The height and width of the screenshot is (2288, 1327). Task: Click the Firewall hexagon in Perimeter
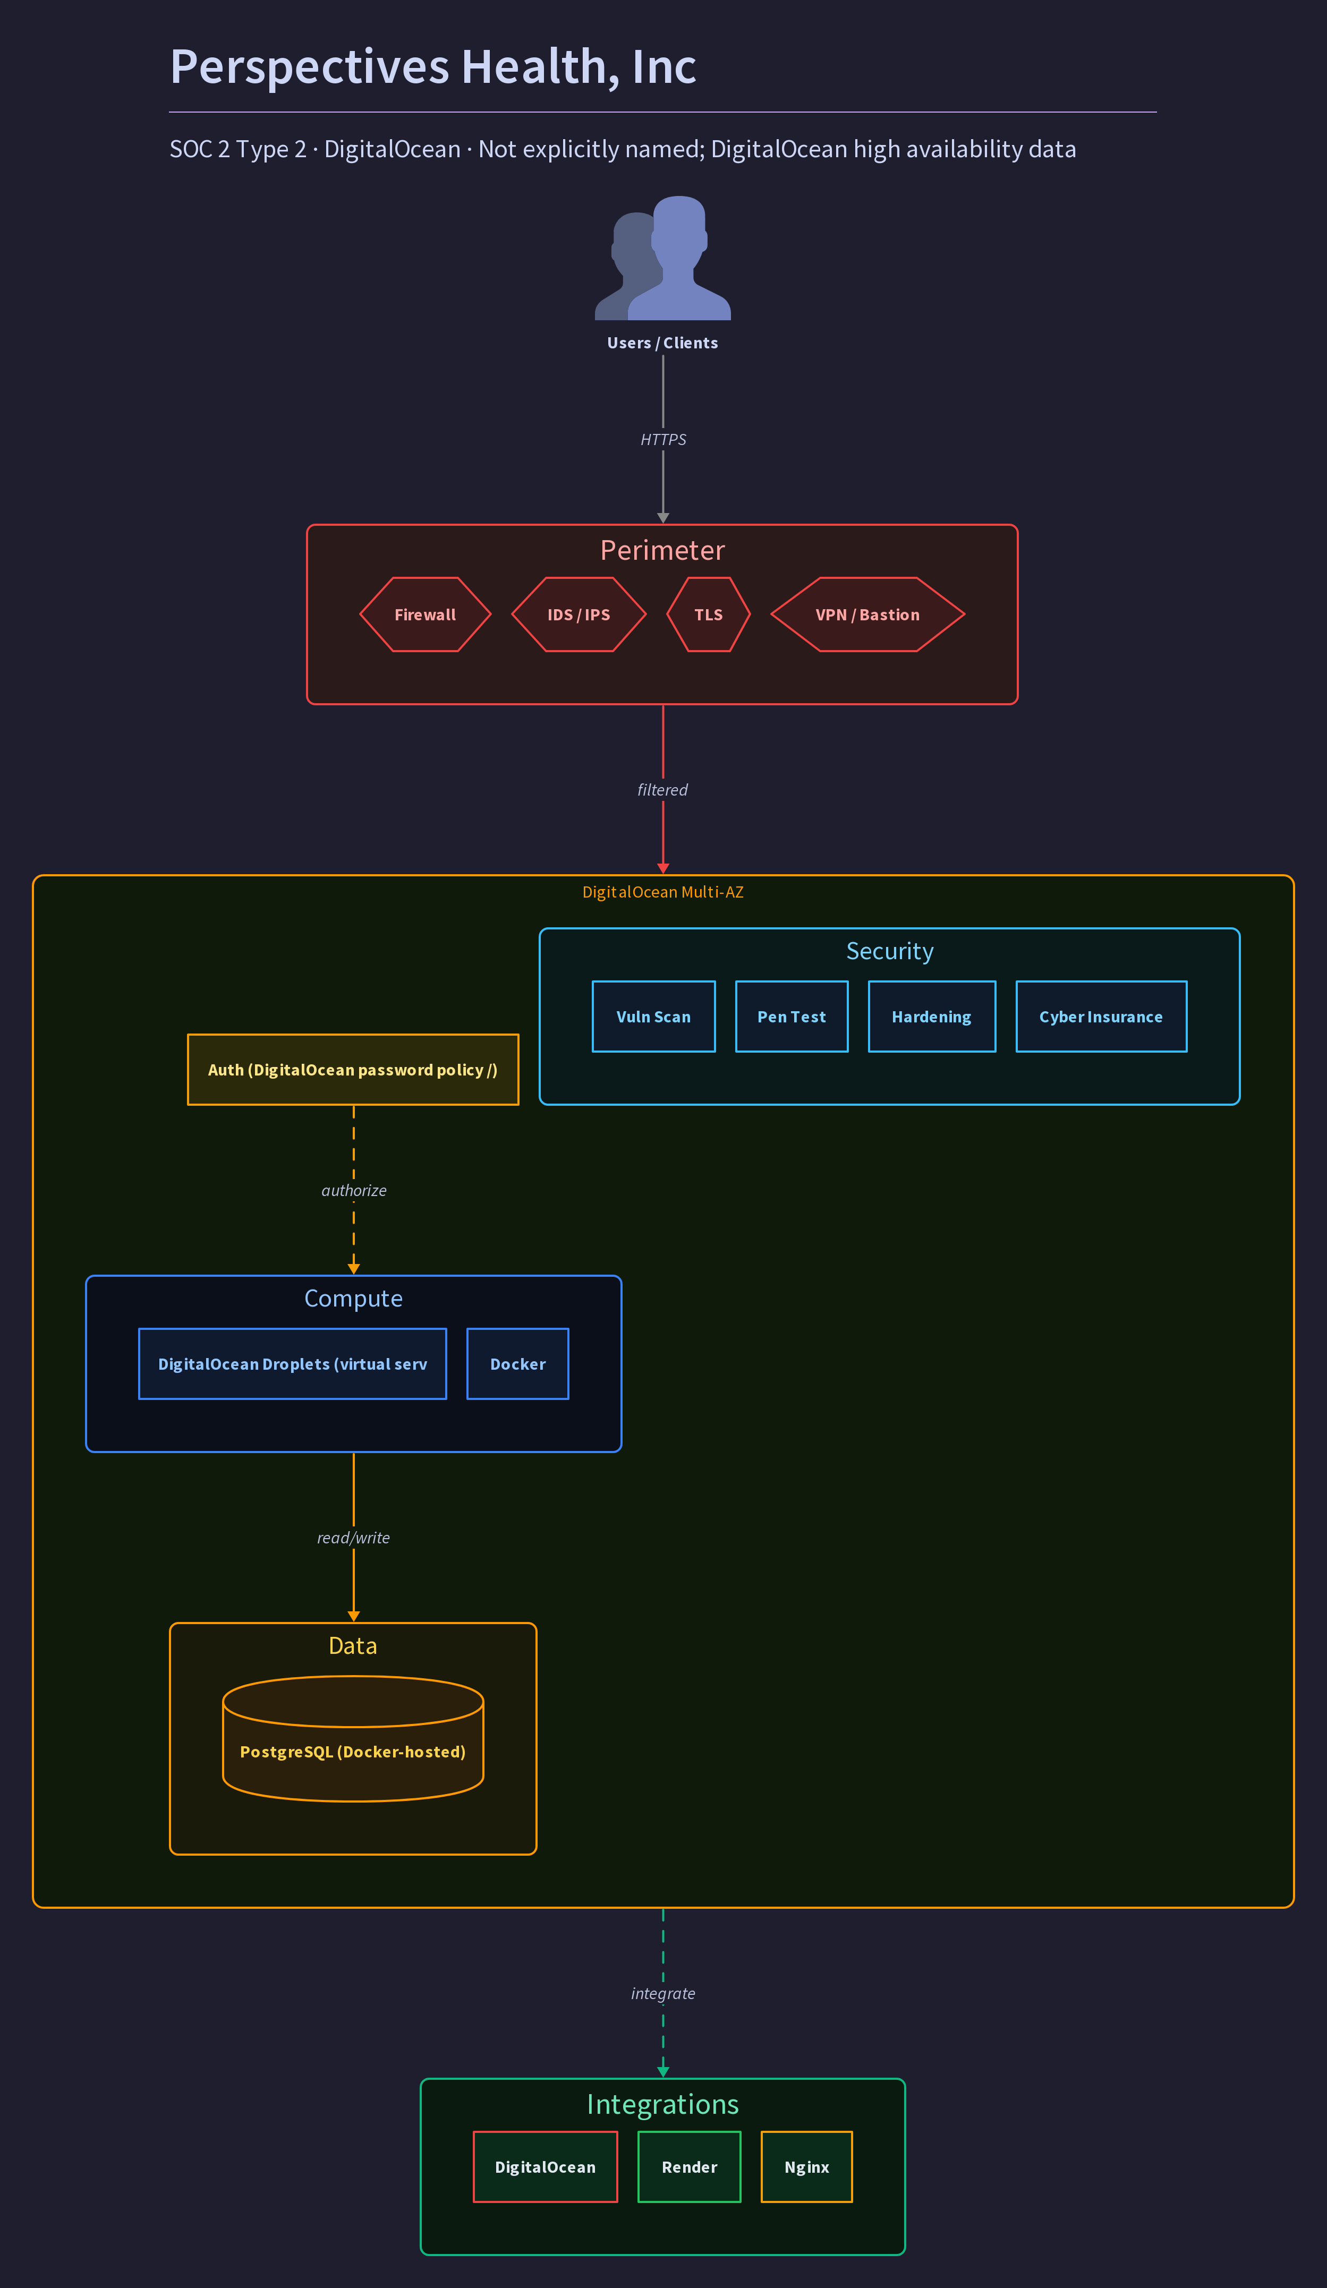tap(425, 614)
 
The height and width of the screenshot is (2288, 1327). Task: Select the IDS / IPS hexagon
tap(579, 614)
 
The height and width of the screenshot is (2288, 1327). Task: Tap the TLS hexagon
tap(709, 614)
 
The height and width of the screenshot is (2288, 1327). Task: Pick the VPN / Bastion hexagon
tap(867, 614)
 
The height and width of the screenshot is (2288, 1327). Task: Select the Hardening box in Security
tap(932, 1017)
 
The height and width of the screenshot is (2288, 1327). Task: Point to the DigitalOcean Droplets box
tap(293, 1364)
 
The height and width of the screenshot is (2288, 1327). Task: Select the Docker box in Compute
tap(518, 1364)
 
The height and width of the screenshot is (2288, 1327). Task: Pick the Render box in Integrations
tap(690, 2167)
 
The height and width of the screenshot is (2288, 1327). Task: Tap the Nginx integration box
tap(806, 2167)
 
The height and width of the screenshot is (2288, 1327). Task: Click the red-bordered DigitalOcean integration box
tap(545, 2167)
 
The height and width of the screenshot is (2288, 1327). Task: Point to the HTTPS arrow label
tap(663, 439)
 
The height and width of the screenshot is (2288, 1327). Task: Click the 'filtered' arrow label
tap(663, 790)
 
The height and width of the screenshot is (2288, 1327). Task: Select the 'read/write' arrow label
tap(353, 1538)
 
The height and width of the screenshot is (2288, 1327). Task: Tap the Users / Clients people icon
tap(663, 258)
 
